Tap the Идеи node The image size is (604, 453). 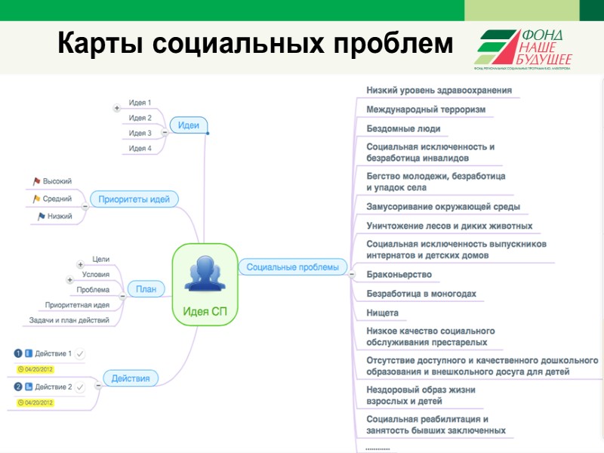point(189,125)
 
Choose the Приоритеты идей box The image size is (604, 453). point(134,199)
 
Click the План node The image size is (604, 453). point(145,288)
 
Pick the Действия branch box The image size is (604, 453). point(131,378)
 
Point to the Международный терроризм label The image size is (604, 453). point(426,109)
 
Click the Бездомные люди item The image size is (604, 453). point(403,129)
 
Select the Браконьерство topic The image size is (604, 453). point(399,275)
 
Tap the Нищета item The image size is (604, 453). point(382,313)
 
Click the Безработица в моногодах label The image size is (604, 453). point(421,294)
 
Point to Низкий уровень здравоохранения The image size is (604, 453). point(439,91)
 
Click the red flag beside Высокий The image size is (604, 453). point(35,181)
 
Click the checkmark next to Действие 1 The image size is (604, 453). point(81,353)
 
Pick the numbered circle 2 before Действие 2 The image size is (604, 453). point(18,387)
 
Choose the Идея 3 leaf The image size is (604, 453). point(140,133)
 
